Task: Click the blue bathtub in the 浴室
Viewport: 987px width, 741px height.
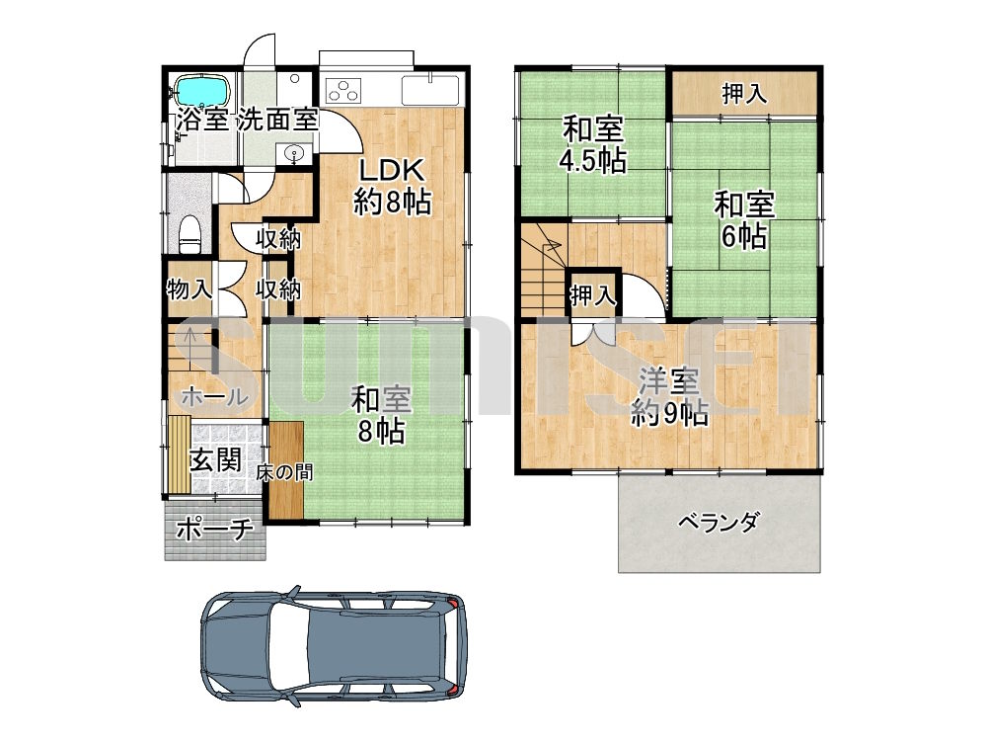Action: coord(200,91)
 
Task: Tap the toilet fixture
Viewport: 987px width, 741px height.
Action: coord(190,234)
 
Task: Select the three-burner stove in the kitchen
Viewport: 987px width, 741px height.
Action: coord(342,90)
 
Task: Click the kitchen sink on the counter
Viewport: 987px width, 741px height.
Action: coord(430,90)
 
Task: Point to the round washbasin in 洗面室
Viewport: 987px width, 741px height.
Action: coord(293,153)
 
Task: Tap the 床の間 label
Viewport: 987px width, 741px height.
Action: coord(284,472)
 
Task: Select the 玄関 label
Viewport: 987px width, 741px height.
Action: coord(215,459)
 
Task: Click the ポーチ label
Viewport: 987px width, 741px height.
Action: coord(214,529)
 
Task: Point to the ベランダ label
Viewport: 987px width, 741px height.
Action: coord(719,523)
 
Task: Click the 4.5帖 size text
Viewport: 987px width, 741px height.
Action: coord(593,161)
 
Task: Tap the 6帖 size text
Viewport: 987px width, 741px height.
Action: coord(743,236)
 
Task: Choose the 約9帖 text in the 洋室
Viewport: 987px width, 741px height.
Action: coord(669,413)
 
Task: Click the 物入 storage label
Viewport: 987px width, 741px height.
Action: coord(190,289)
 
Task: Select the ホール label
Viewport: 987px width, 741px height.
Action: coord(214,397)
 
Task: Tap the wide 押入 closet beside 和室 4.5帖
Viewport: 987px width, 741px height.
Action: coord(744,94)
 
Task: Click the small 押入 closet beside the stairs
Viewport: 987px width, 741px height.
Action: coord(593,294)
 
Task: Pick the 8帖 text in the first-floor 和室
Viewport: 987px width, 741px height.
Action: coord(381,432)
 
